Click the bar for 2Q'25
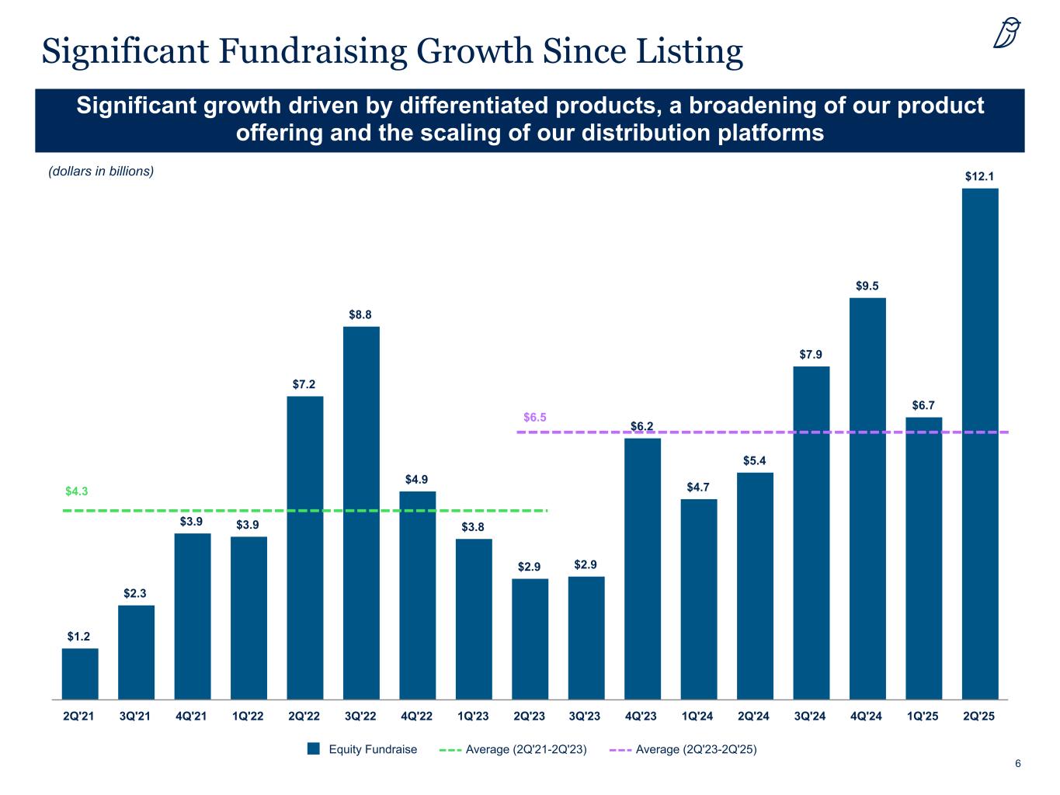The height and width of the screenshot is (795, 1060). [x=980, y=443]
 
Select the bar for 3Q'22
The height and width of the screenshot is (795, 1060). [x=361, y=512]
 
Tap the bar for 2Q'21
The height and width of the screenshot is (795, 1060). [x=80, y=674]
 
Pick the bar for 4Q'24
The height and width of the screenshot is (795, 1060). [x=867, y=498]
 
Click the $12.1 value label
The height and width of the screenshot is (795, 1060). [x=980, y=176]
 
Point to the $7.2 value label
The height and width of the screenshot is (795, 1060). [x=304, y=384]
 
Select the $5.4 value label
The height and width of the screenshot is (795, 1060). [x=755, y=461]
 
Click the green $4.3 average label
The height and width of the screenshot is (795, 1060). [x=76, y=491]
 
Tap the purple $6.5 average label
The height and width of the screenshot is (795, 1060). [x=535, y=418]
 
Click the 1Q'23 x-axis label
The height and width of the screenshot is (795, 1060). [x=473, y=717]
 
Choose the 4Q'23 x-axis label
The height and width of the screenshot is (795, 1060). [x=642, y=717]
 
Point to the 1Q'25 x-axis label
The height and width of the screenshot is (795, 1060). [x=923, y=717]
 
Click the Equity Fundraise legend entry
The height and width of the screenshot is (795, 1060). [x=363, y=749]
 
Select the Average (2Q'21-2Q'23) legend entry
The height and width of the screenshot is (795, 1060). [x=513, y=749]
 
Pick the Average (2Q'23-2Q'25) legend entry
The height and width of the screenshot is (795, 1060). [x=683, y=749]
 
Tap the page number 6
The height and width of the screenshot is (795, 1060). [x=1018, y=764]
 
